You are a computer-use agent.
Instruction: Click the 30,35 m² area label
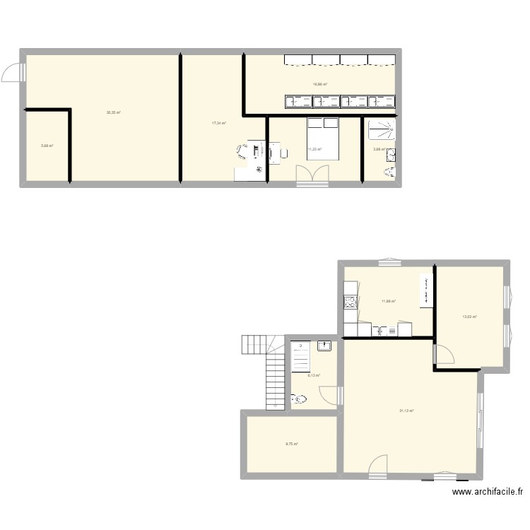tap(113, 112)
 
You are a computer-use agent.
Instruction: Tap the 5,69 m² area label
tap(47, 146)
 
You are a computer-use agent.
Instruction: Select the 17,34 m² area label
tap(218, 123)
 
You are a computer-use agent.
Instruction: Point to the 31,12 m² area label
tap(406, 411)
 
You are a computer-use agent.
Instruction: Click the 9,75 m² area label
tap(292, 444)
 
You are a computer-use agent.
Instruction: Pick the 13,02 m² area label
tap(469, 317)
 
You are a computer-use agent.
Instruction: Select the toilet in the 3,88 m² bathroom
tap(389, 172)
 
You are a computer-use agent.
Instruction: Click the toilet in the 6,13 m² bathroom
tap(299, 400)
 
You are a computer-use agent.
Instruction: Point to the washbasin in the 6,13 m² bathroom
tap(324, 346)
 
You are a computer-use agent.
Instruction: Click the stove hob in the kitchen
tap(349, 302)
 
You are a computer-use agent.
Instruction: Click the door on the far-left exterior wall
tap(14, 71)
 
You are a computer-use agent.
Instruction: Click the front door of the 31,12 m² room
tap(377, 464)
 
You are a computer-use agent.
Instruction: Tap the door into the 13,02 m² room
tap(444, 354)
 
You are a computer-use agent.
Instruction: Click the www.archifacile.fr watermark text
tap(488, 492)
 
